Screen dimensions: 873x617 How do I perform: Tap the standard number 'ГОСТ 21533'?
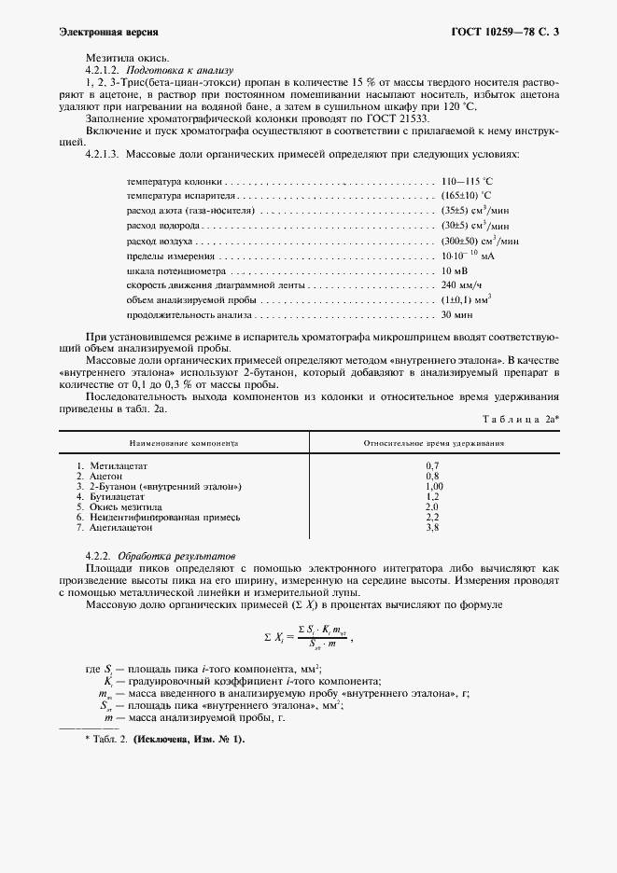[400, 119]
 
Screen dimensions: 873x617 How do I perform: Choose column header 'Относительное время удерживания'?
[434, 444]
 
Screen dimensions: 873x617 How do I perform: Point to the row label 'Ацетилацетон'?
[120, 528]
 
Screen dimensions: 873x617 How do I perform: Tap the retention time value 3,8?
[432, 528]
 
